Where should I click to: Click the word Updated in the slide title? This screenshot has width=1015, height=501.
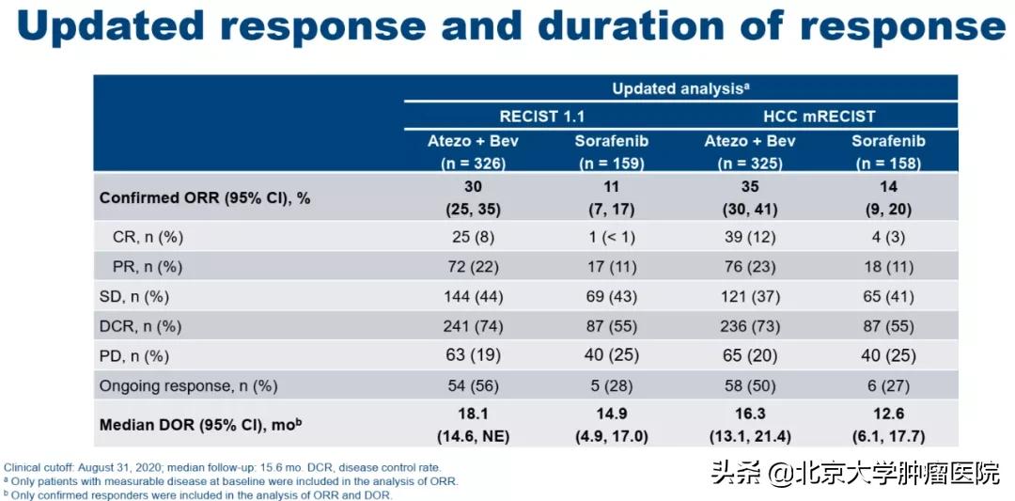(x=111, y=26)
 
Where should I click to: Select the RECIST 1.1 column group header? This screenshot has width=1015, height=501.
(x=542, y=117)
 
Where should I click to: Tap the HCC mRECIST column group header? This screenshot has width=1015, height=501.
(x=819, y=117)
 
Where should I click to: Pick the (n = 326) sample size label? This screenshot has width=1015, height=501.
(x=473, y=164)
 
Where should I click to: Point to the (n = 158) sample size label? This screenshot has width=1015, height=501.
(x=888, y=164)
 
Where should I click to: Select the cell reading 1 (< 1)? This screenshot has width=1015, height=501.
(x=611, y=238)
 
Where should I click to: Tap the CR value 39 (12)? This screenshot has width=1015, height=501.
(x=750, y=238)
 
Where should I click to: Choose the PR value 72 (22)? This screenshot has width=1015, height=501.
(x=473, y=267)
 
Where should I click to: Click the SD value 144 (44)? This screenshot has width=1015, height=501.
(x=473, y=297)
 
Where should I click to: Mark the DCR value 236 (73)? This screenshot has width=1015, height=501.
(x=750, y=327)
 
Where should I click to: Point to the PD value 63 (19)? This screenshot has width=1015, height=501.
(x=473, y=356)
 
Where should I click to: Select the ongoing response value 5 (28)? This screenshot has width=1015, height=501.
(x=611, y=386)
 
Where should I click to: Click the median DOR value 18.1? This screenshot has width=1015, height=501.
(x=473, y=414)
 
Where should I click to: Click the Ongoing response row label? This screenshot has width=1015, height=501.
(x=188, y=386)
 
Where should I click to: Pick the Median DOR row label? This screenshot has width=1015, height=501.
(x=201, y=425)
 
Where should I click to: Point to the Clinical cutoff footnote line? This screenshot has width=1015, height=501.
(x=224, y=467)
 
